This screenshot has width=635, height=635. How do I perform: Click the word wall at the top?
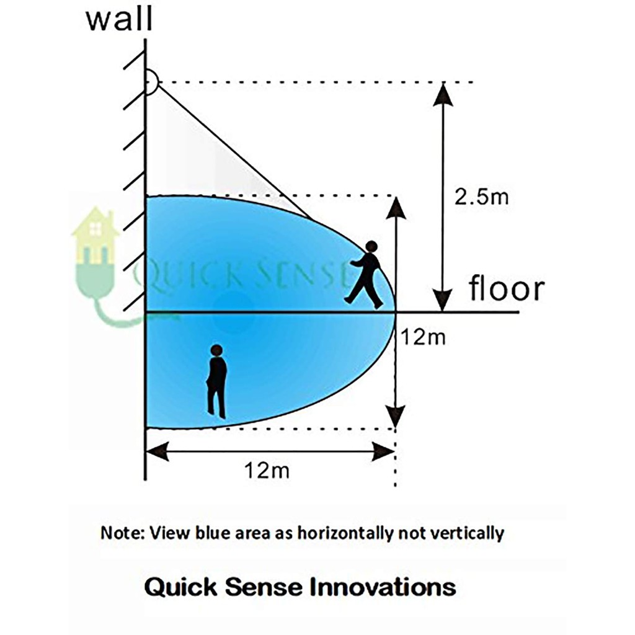click(x=118, y=19)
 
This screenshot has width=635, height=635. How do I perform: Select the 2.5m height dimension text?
click(x=481, y=197)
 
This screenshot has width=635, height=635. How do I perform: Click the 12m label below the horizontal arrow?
click(x=266, y=471)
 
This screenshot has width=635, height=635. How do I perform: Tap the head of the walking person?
click(x=371, y=247)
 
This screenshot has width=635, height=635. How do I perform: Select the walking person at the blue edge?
click(x=366, y=275)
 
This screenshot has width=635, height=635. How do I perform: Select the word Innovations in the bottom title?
click(x=383, y=587)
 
